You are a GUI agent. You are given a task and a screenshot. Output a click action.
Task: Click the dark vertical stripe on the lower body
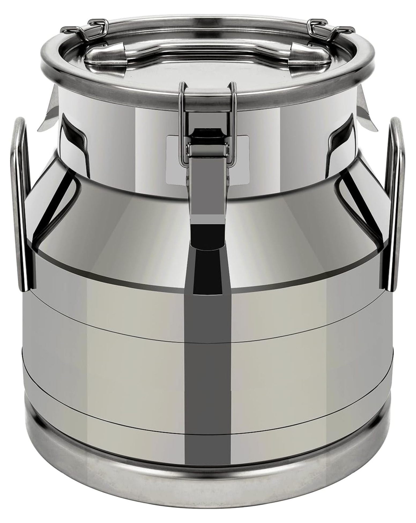coord(208,375)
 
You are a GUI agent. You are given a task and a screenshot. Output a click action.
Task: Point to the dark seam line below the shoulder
coord(107,261)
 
